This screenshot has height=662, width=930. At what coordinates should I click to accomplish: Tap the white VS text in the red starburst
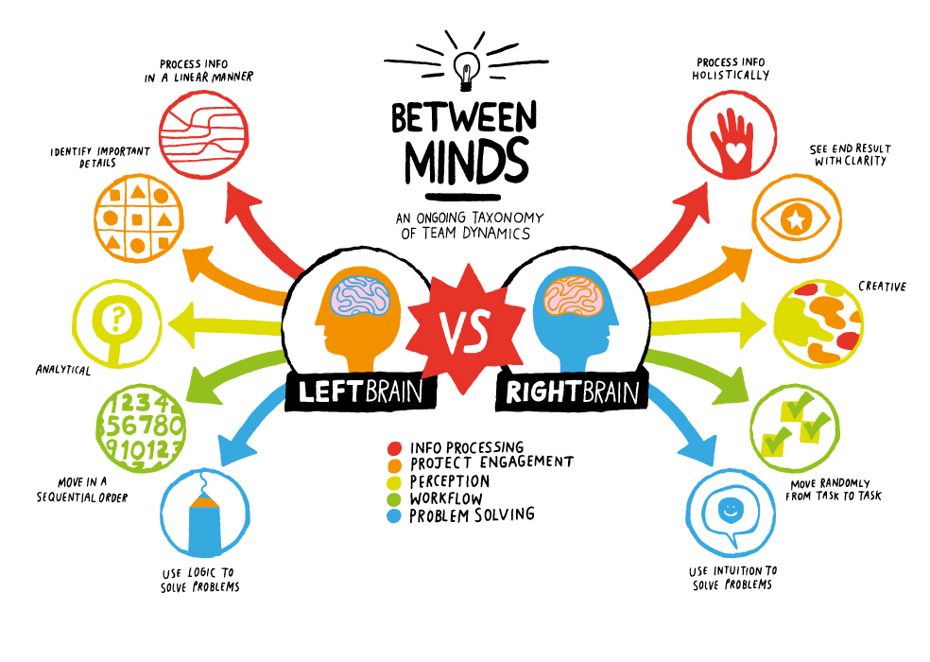point(464,331)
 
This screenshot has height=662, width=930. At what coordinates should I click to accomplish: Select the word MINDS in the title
point(466,161)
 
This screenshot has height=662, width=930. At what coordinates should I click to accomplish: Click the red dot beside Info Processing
point(394,448)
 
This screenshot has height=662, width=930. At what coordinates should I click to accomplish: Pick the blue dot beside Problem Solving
point(394,516)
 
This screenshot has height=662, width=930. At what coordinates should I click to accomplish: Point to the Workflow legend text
point(446,498)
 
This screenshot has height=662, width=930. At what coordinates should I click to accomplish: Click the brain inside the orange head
point(360,296)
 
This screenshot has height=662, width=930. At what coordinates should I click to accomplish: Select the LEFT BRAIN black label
point(361,392)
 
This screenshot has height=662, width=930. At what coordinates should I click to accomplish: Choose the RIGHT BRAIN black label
point(572,392)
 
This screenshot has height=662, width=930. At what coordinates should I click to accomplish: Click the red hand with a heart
point(733,143)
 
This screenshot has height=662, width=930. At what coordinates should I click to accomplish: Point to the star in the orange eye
point(796,219)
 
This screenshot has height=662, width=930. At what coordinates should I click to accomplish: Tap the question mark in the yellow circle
point(117,319)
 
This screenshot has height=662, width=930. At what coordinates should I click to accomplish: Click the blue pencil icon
point(204,523)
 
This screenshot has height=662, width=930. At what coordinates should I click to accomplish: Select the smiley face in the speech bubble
point(730,509)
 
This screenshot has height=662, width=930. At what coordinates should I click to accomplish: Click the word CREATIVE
point(882,287)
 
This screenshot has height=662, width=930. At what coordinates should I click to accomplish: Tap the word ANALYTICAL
point(63,370)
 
